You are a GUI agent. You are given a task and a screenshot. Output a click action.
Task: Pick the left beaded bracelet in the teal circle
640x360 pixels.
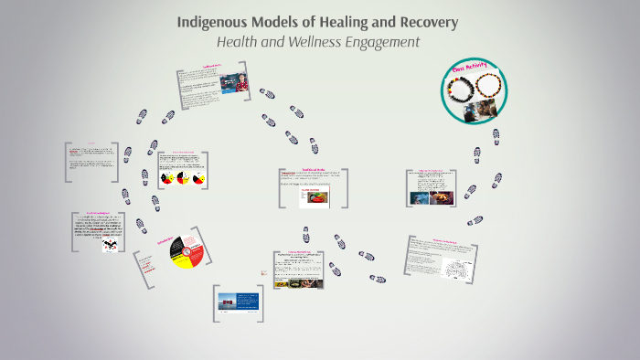click(458, 88)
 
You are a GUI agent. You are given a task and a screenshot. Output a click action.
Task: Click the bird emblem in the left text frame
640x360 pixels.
click(110, 246)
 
